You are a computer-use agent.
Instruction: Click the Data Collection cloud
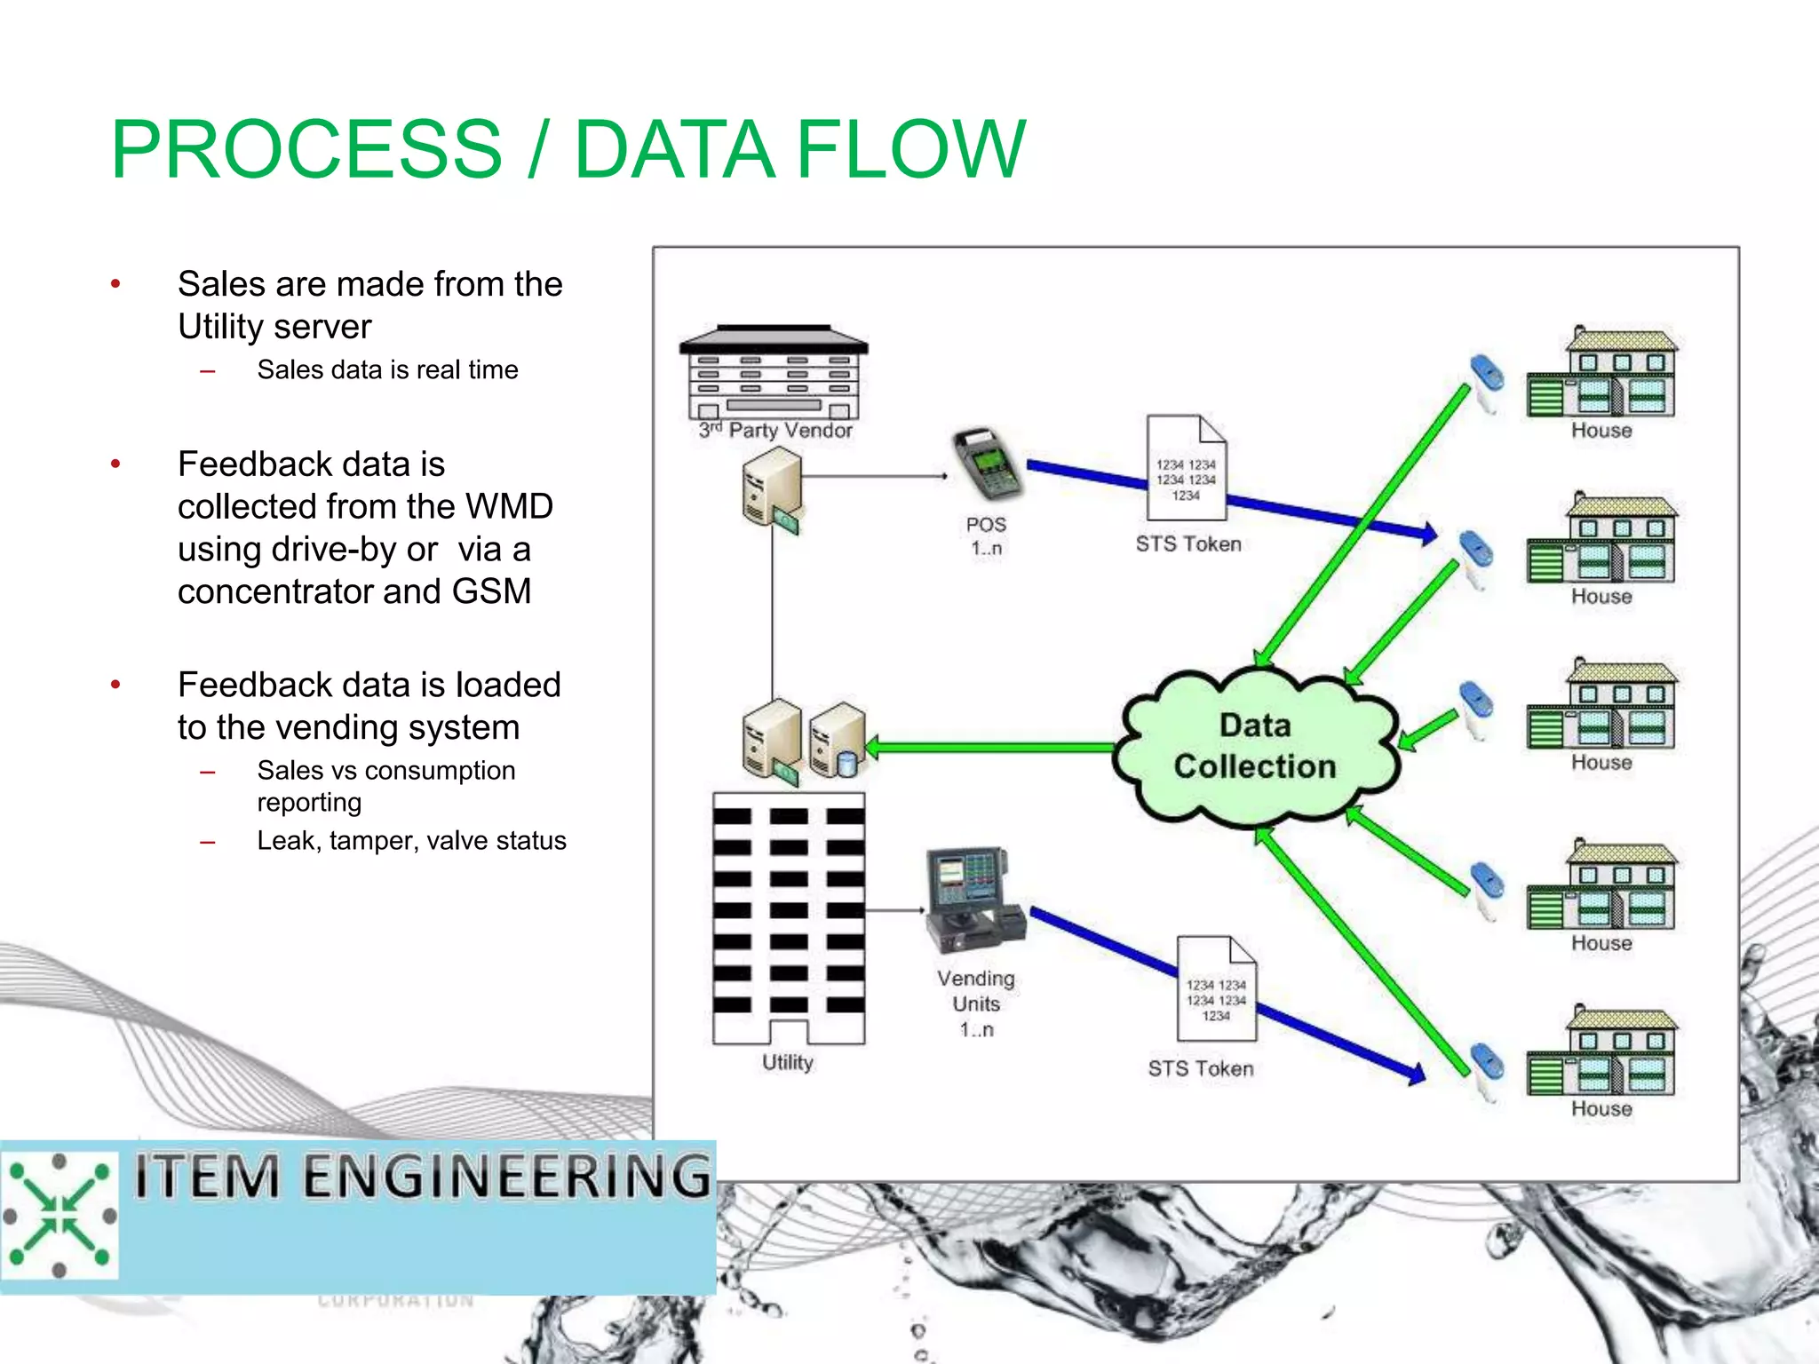point(1255,747)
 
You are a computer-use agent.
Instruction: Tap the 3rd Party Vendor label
point(775,431)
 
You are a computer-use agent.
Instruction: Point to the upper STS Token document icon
point(1187,468)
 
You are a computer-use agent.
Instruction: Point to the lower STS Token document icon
point(1217,988)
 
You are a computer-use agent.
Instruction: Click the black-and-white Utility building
point(788,918)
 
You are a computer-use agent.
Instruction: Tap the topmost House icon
point(1602,373)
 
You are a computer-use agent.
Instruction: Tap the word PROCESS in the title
point(306,149)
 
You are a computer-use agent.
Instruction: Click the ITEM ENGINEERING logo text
point(423,1176)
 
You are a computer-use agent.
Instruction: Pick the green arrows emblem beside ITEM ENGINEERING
point(60,1214)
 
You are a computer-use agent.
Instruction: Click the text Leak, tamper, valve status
point(411,840)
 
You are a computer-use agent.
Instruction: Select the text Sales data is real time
point(387,369)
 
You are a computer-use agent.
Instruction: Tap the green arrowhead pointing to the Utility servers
point(874,747)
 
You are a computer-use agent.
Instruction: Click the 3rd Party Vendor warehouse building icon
point(774,373)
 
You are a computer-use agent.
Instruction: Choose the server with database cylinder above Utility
point(837,741)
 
